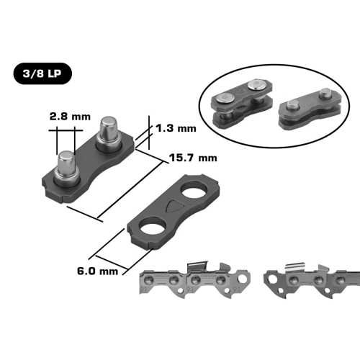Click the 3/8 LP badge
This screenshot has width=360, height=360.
pos(42,73)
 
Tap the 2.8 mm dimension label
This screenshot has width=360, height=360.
pos(70,117)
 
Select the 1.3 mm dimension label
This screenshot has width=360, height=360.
pos(176,128)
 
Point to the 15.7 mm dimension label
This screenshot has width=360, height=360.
pos(193,158)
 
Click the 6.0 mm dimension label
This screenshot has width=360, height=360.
pos(98,271)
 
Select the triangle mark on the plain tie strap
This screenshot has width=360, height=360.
pos(174,205)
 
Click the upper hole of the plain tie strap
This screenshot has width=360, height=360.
pos(194,189)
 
